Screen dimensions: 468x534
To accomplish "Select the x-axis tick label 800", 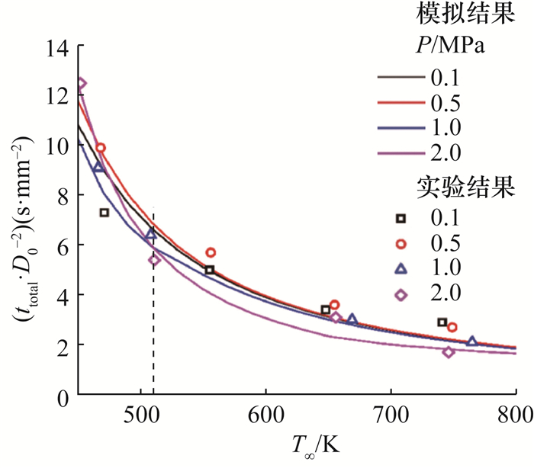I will click(x=516, y=415).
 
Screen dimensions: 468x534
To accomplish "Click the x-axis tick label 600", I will click(x=265, y=415).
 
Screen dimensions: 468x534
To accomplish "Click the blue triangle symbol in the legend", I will click(x=400, y=269).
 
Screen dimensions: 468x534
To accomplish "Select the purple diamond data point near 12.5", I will click(x=81, y=84).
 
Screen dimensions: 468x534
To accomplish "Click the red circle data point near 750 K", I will click(x=452, y=327).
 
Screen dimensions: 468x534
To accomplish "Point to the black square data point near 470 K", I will click(x=105, y=213).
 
